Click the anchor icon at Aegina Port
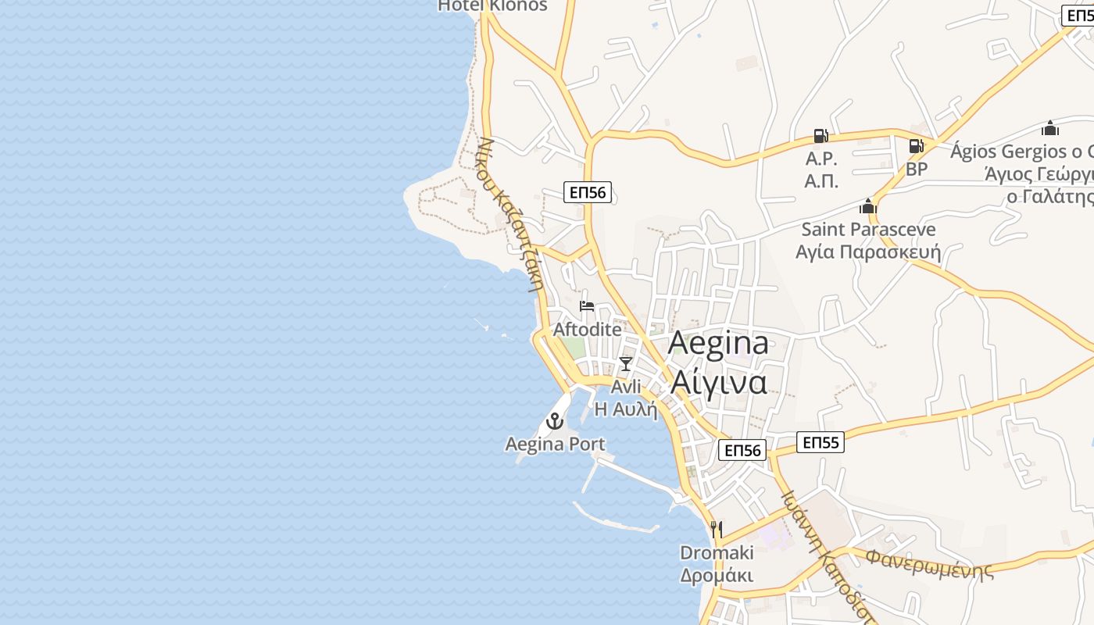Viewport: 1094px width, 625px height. pos(555,422)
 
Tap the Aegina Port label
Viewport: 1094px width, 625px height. pos(555,445)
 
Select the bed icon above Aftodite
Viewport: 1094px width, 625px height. pos(587,305)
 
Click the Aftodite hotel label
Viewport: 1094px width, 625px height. pos(588,330)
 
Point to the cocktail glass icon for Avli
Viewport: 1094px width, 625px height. pos(625,363)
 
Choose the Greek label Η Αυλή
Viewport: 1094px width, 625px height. pos(627,409)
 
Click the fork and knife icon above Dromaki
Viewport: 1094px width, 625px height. pos(717,530)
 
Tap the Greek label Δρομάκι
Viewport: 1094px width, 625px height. pos(717,576)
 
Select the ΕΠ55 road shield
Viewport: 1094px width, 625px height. pos(820,443)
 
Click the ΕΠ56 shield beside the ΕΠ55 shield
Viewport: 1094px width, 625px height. pos(742,450)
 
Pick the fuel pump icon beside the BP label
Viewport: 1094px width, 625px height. pos(916,146)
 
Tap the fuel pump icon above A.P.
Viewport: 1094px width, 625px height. pos(820,136)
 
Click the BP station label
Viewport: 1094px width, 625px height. pos(917,169)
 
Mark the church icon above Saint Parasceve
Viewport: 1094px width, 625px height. pos(868,206)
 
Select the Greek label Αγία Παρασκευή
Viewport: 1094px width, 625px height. pos(868,252)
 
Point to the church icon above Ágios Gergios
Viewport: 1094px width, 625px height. pos(1050,128)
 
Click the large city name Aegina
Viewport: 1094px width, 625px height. pos(719,345)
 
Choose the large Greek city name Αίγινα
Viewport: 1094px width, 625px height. pos(719,382)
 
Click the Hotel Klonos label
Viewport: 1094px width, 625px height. pos(492,6)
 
